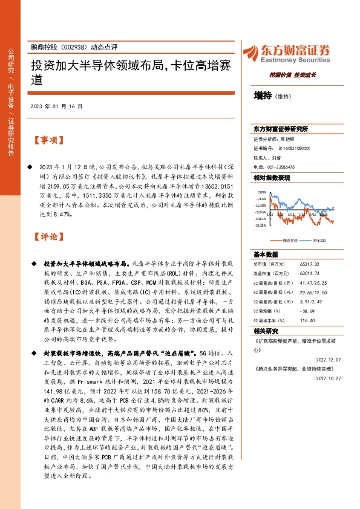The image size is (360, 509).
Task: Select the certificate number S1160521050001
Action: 295,148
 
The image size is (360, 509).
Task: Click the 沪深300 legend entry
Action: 319,240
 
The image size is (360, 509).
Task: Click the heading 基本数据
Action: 266,254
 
